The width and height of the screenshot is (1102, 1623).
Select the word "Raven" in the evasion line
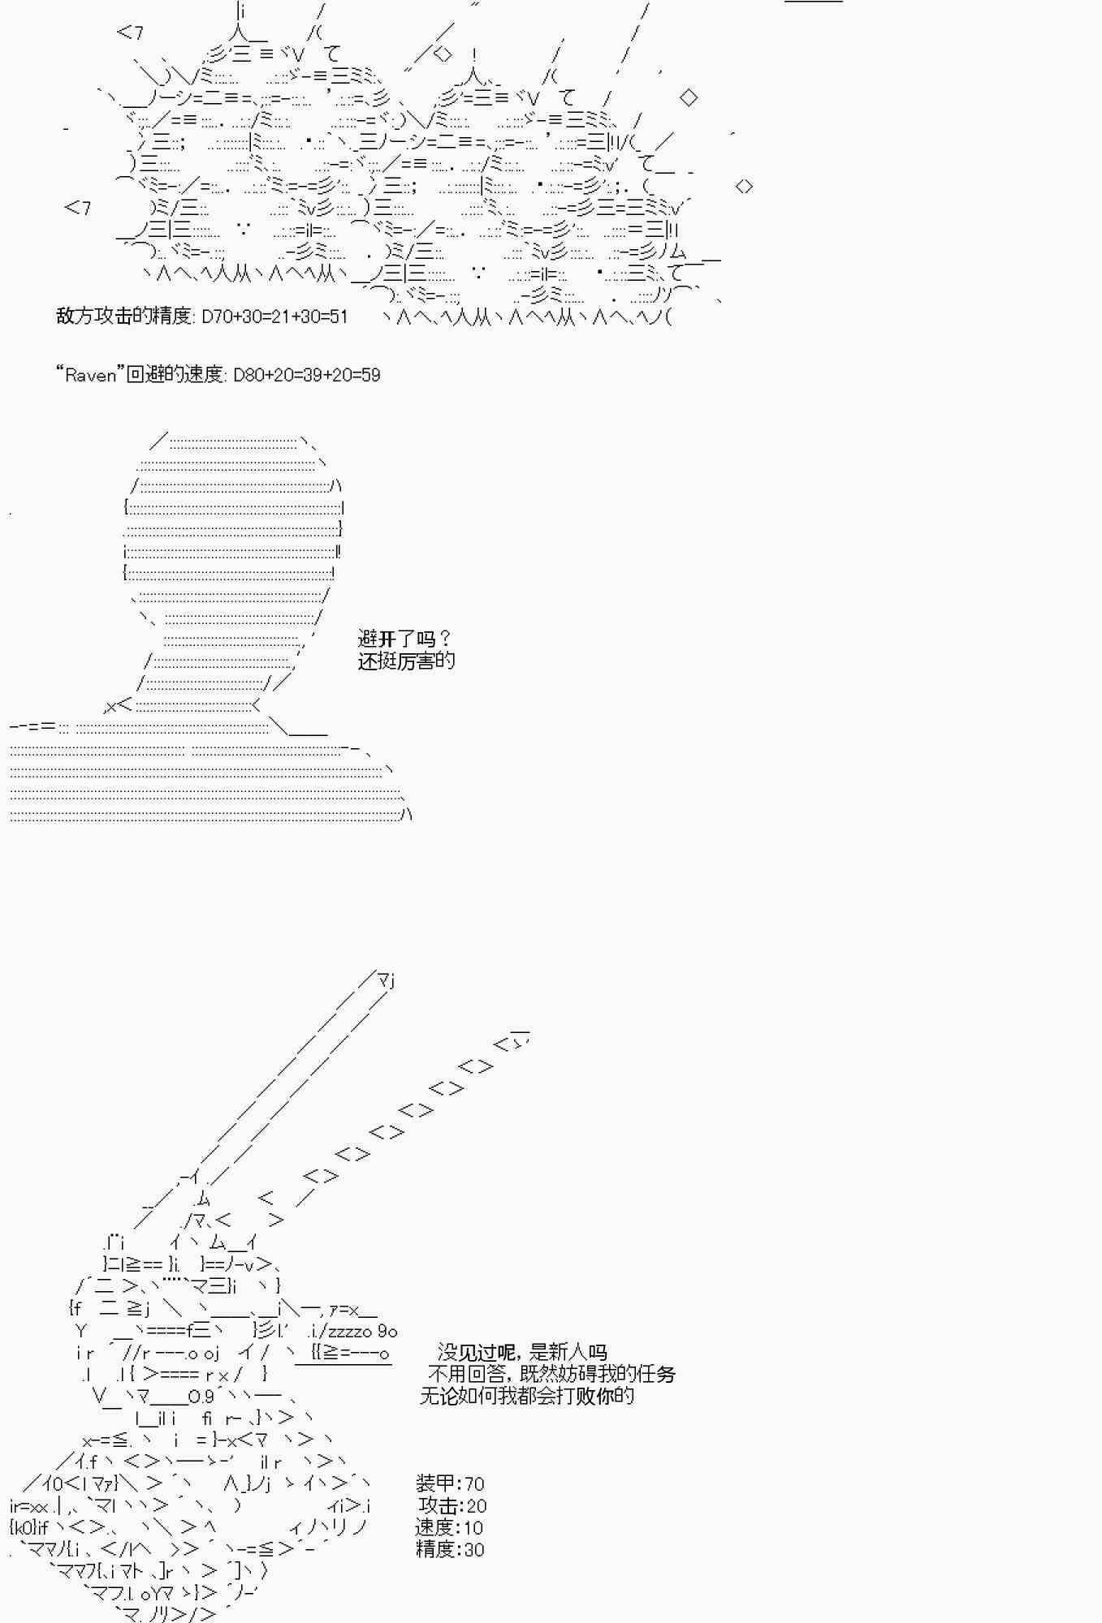[x=90, y=375]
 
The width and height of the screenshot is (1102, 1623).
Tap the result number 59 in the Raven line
[x=370, y=375]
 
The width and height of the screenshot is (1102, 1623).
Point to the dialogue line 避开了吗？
[x=404, y=639]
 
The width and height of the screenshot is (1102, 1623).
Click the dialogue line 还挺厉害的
[x=406, y=661]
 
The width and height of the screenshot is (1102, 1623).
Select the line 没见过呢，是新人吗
[x=521, y=1352]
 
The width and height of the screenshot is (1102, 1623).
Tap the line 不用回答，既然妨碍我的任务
[x=551, y=1374]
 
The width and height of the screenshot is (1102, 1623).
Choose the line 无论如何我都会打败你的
[x=526, y=1396]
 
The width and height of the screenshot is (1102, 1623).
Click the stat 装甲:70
[x=450, y=1483]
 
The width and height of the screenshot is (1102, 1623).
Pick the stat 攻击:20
[x=452, y=1505]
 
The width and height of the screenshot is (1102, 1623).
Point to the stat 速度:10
[x=449, y=1527]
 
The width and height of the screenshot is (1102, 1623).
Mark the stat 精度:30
[x=450, y=1549]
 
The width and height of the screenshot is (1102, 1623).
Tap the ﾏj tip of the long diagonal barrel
[x=386, y=980]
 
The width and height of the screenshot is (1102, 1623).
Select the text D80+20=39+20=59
[x=306, y=375]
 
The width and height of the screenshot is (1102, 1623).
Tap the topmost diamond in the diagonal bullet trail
[x=512, y=1043]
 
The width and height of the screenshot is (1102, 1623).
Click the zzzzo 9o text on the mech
[x=363, y=1331]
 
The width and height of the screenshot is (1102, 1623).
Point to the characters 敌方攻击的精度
[x=123, y=316]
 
